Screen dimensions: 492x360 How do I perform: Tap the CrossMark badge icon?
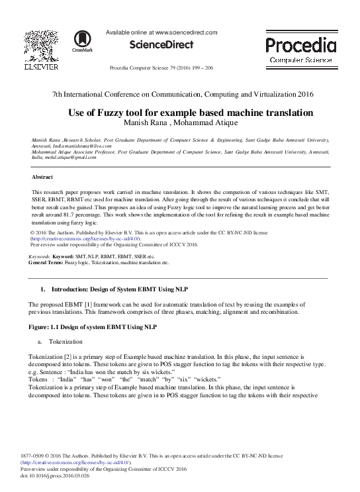[83, 41]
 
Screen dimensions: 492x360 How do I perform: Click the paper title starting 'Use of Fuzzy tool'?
[181, 113]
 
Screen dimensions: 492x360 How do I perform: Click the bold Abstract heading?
[43, 177]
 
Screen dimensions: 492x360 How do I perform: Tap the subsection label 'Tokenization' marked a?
[64, 342]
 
